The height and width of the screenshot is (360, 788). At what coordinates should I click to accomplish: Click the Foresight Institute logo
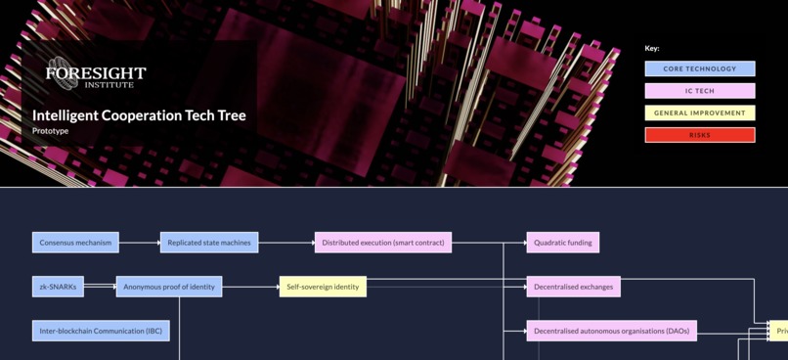click(x=95, y=73)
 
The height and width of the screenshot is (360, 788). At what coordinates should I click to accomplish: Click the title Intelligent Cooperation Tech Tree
click(x=139, y=115)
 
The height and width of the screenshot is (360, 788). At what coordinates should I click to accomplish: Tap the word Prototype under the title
click(x=50, y=131)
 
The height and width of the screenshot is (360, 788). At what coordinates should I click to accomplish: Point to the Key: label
click(x=652, y=48)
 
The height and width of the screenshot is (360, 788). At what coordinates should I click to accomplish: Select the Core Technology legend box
click(x=700, y=69)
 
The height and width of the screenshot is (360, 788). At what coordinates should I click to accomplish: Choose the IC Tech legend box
click(x=700, y=91)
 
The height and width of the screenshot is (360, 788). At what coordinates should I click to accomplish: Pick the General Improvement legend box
click(x=700, y=113)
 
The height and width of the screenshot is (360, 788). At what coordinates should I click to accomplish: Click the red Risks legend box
click(x=700, y=135)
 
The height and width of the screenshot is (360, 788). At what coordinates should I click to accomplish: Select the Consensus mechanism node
click(x=75, y=243)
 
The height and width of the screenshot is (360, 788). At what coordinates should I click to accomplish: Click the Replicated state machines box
click(x=208, y=243)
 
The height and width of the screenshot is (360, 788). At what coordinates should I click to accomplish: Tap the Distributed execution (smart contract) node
click(x=383, y=243)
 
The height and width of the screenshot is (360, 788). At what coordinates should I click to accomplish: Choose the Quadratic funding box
click(x=562, y=243)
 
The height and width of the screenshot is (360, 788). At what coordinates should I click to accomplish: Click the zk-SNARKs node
click(x=58, y=287)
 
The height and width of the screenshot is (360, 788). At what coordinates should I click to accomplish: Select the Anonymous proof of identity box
click(x=169, y=287)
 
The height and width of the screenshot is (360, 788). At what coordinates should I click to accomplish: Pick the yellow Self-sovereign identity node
click(x=323, y=287)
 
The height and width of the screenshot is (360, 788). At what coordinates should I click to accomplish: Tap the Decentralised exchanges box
click(x=573, y=287)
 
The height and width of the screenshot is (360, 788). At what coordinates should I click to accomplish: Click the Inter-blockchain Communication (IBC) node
click(x=101, y=331)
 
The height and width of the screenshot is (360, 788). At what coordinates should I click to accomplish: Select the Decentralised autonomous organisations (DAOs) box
click(x=611, y=331)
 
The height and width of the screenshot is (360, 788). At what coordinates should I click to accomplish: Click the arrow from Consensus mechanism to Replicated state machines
click(x=139, y=243)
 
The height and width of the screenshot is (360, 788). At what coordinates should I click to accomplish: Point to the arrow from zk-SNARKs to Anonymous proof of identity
click(x=100, y=287)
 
